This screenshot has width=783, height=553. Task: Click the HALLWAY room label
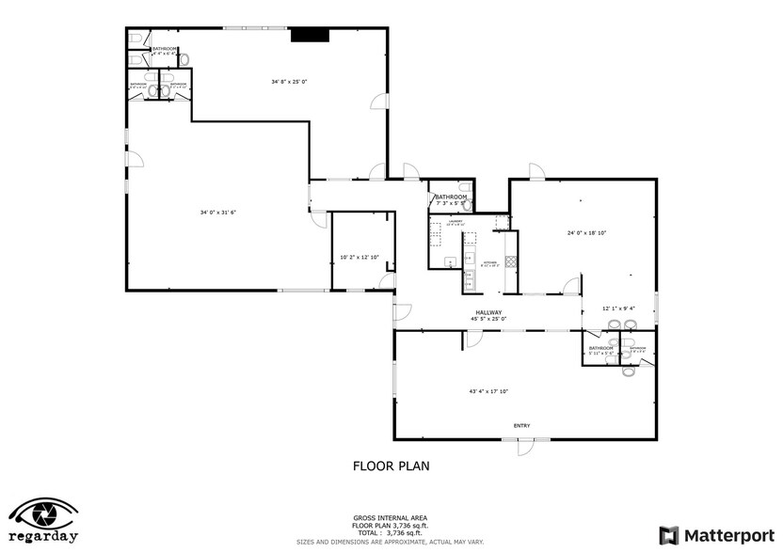488,312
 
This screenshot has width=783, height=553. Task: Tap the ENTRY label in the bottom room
521,426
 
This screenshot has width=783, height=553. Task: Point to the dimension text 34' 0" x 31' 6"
217,213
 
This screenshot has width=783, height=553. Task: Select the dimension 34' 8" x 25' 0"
290,82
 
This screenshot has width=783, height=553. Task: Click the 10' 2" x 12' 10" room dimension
359,257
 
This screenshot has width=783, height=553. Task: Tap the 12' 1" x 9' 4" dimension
618,308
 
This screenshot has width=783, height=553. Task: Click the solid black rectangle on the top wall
310,35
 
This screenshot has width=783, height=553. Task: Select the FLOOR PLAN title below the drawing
391,465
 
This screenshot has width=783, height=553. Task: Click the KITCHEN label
489,263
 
